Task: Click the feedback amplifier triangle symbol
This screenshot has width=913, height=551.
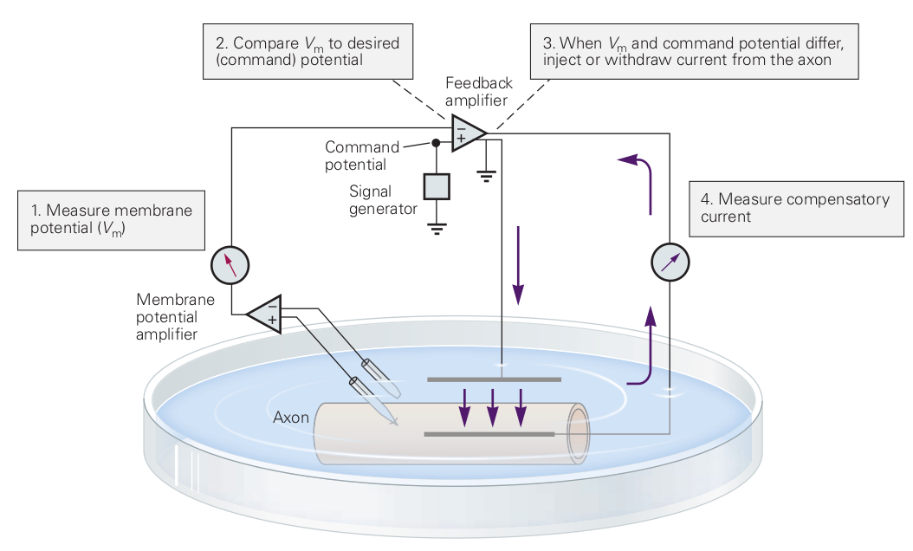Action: click(x=466, y=133)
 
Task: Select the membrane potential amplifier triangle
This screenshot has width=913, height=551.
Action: click(x=267, y=313)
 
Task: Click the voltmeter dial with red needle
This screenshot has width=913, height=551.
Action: click(x=230, y=264)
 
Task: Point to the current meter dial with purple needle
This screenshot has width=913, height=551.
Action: click(x=670, y=263)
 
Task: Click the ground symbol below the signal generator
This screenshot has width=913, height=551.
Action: click(x=437, y=229)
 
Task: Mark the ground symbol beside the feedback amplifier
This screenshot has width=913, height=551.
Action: click(x=487, y=177)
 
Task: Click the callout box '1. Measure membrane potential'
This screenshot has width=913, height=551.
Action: click(x=111, y=220)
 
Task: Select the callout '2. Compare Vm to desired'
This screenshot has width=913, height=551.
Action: click(x=308, y=51)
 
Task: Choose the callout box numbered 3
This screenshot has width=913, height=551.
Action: click(x=694, y=51)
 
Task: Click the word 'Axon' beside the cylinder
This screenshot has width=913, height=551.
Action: click(x=291, y=418)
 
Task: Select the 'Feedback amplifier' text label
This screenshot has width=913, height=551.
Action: click(x=479, y=92)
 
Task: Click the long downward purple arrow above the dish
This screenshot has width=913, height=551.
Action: click(x=518, y=264)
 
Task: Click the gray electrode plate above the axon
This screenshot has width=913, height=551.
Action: click(x=495, y=379)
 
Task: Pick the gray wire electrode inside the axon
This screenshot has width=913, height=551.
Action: click(x=489, y=433)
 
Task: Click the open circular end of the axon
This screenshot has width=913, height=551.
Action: click(x=577, y=437)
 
